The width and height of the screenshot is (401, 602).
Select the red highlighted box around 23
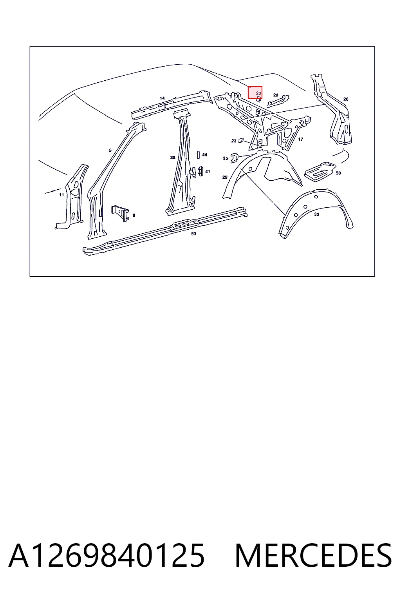click(x=255, y=92)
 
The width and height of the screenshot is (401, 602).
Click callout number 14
click(x=162, y=98)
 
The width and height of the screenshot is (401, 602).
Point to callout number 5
click(x=110, y=150)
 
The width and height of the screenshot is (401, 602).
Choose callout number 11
click(x=61, y=195)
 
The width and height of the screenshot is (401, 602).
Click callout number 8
click(x=134, y=215)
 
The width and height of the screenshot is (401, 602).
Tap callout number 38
click(x=173, y=158)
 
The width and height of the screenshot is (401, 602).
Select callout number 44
click(x=205, y=155)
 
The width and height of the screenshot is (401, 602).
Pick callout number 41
click(x=208, y=171)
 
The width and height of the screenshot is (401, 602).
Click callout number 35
click(x=225, y=158)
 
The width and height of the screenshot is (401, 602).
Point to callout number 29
click(x=225, y=177)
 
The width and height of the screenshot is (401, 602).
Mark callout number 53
click(x=194, y=234)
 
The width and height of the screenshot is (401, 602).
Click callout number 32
click(x=317, y=214)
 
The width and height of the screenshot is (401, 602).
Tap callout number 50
click(x=338, y=173)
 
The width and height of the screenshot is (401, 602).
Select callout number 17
click(x=300, y=139)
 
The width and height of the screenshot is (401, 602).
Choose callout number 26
click(x=346, y=99)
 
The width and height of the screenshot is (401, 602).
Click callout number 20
click(x=276, y=95)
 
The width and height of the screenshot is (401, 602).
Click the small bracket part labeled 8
click(x=120, y=213)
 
